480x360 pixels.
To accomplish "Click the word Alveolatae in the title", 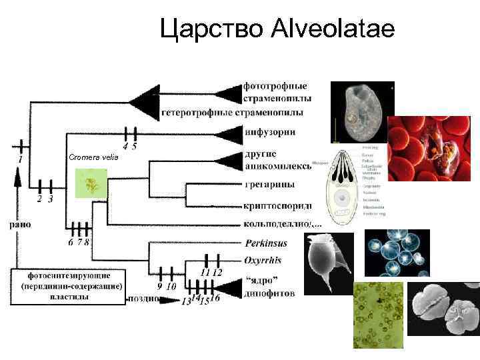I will pyautogui.click(x=333, y=29).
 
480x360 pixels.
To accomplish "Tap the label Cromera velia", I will pyautogui.click(x=93, y=157).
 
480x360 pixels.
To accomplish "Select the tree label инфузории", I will pyautogui.click(x=269, y=132).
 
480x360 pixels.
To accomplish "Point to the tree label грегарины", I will pyautogui.click(x=274, y=185).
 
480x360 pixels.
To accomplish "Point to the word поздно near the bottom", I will pyautogui.click(x=143, y=299).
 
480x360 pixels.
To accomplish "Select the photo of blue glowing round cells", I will pyautogui.click(x=397, y=253).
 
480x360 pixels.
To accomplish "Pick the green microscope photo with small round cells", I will pyautogui.click(x=378, y=314).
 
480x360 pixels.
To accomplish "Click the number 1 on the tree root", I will pyautogui.click(x=20, y=160).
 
